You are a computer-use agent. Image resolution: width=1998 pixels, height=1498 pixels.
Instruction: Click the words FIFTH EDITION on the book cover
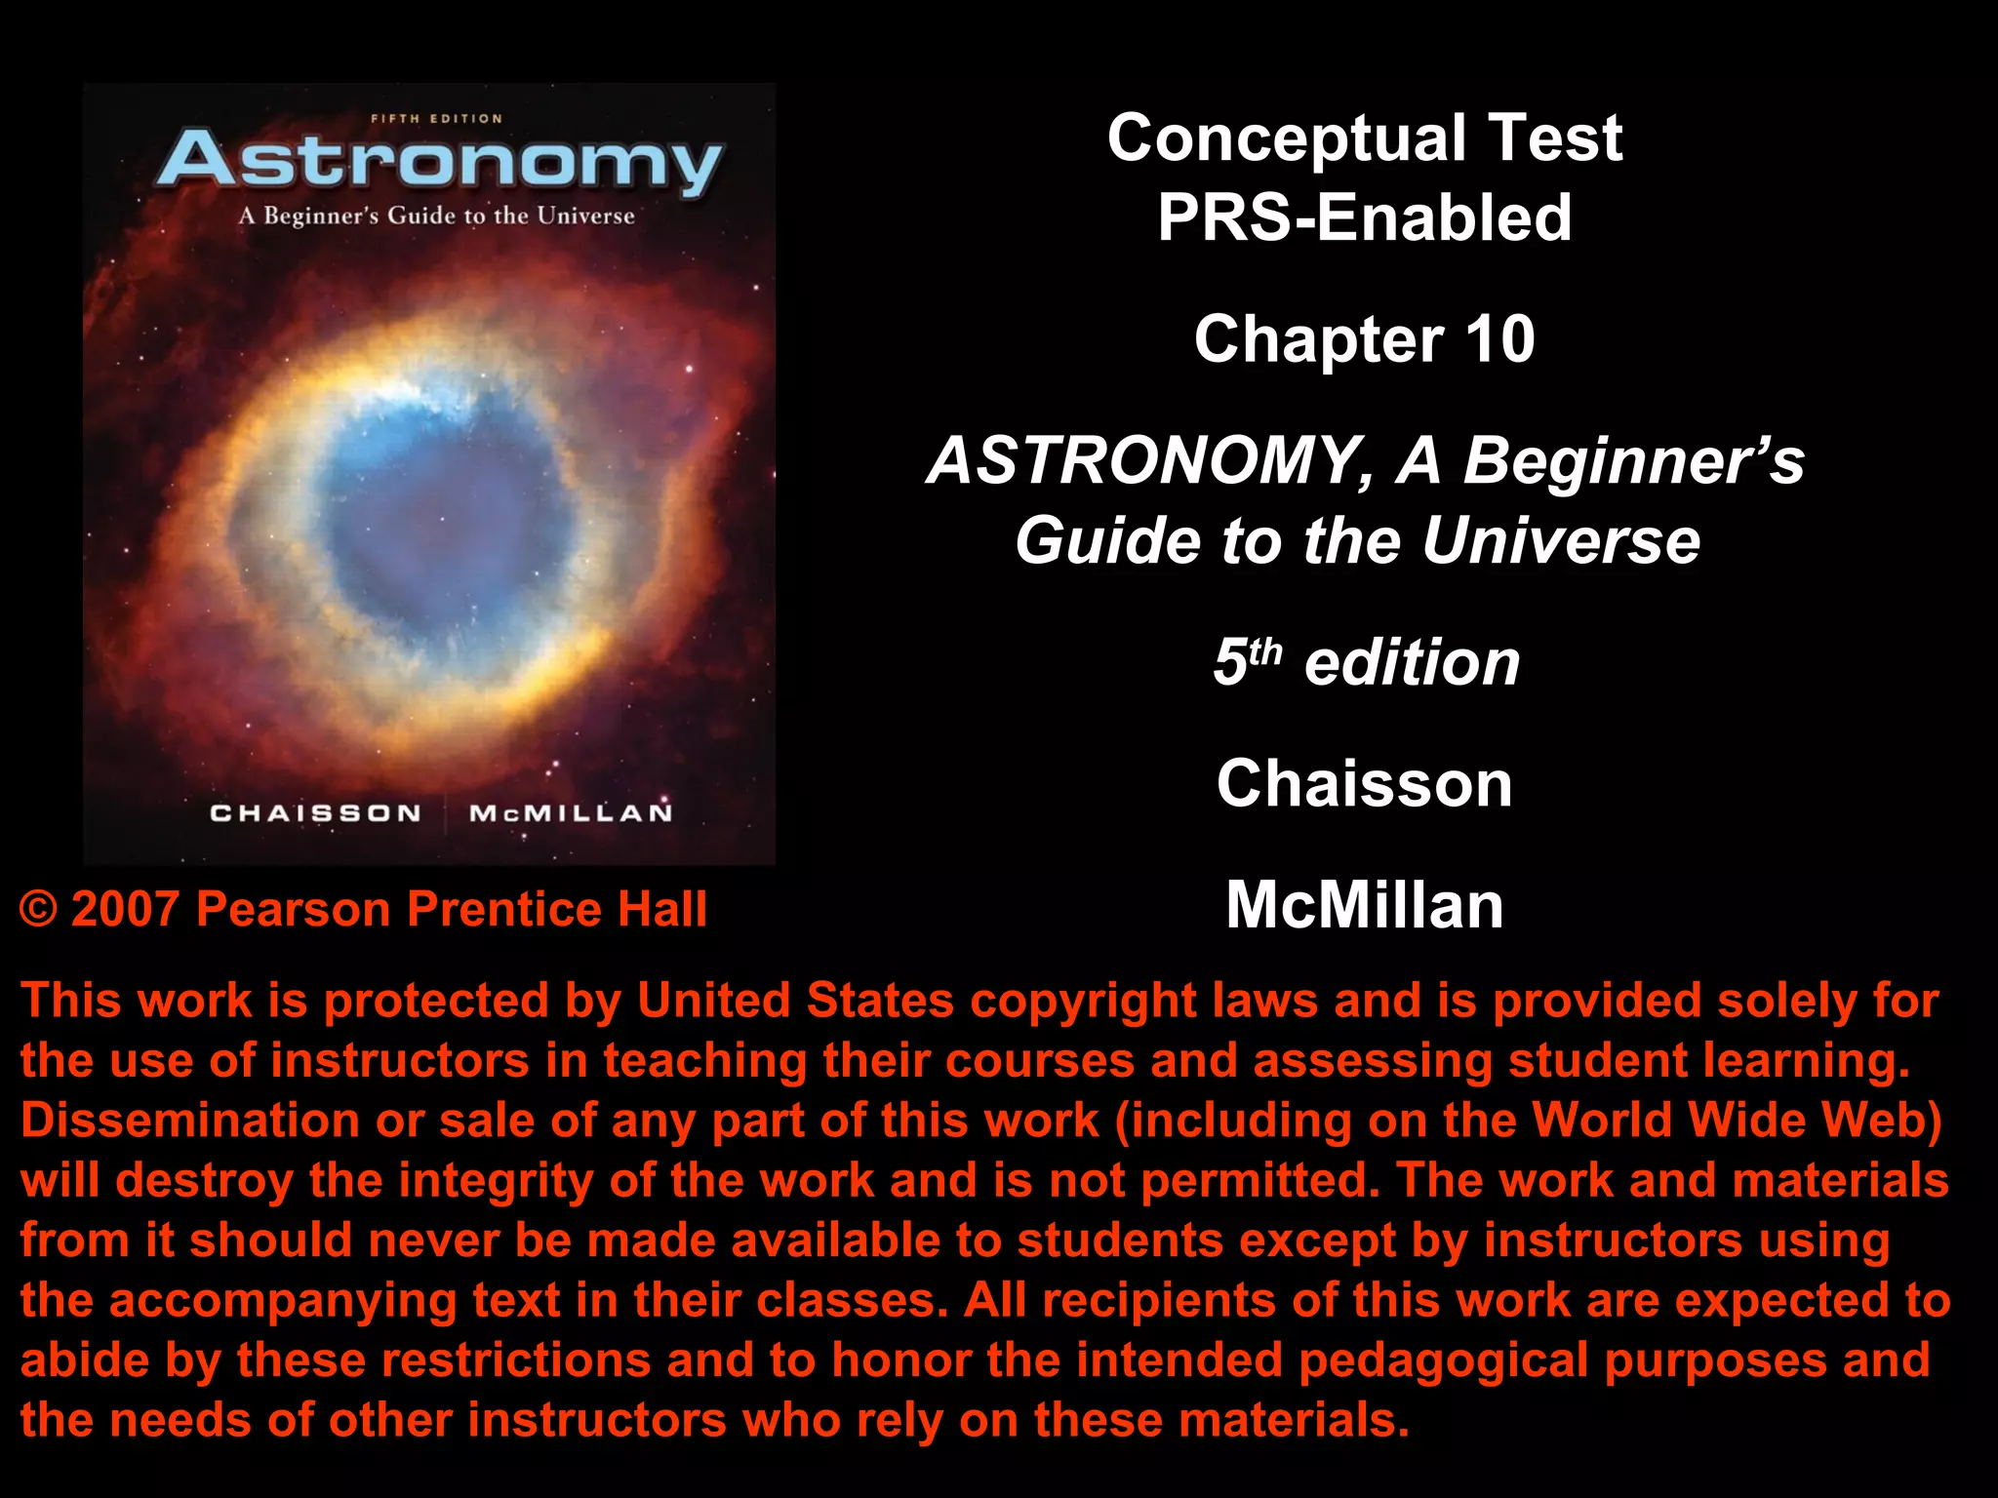coord(436,119)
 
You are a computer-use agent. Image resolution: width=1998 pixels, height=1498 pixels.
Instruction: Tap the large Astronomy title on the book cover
coord(439,161)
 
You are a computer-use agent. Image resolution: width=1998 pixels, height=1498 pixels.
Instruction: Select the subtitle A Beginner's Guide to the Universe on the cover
coord(436,216)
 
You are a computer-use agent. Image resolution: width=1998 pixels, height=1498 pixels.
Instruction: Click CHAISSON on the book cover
coord(315,813)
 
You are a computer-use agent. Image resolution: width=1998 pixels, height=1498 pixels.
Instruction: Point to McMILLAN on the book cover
coord(571,813)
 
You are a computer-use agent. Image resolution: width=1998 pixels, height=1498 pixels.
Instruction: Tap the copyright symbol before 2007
coord(39,910)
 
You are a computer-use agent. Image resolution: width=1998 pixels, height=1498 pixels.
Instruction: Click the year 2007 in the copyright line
coord(126,910)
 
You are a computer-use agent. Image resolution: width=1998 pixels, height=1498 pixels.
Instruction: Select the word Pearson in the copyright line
coord(294,910)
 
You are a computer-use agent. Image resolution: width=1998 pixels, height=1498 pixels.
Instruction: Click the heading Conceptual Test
coord(1364,138)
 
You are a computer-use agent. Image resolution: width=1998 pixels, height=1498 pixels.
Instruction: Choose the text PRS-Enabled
coord(1364,217)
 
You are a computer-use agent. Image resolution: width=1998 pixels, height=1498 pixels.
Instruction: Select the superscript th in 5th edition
coord(1266,650)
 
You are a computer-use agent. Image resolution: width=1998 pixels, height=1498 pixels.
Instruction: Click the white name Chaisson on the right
coord(1364,783)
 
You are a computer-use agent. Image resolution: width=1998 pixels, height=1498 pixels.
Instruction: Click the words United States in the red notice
coord(795,1001)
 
